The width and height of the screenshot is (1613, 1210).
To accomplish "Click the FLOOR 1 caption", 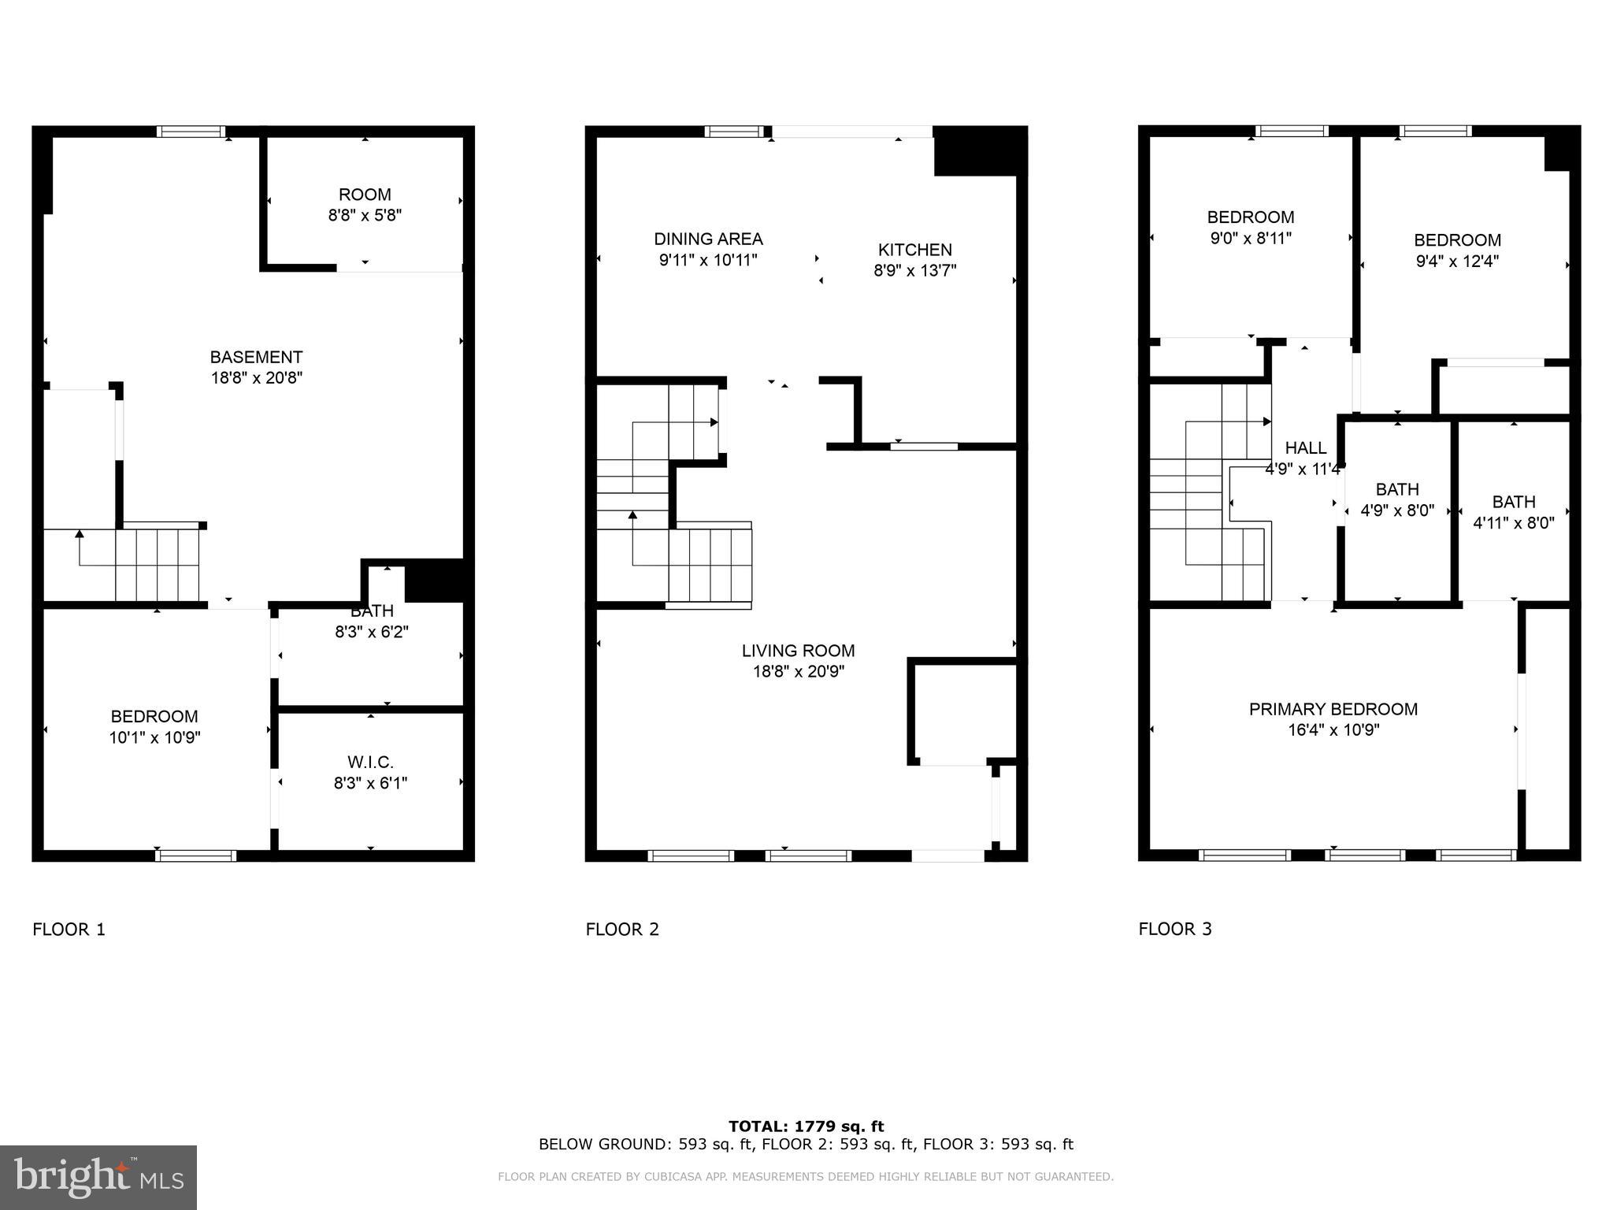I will click(x=69, y=930).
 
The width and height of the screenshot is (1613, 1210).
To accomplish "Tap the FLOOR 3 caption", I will click(x=1174, y=929).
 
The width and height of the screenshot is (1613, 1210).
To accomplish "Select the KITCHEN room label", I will click(x=914, y=250).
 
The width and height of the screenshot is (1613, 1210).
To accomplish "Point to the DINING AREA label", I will click(x=708, y=239).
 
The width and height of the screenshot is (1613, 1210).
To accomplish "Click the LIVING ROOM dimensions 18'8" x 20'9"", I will click(x=798, y=672).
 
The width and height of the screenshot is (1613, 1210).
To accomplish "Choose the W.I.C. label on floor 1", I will click(x=370, y=763).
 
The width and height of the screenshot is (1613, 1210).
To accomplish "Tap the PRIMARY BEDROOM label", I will click(x=1333, y=709).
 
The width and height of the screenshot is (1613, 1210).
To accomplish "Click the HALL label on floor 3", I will click(x=1305, y=448).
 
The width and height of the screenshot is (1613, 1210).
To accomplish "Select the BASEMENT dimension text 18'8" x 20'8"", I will click(x=256, y=378).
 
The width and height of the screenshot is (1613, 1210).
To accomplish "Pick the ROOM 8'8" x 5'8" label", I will click(x=365, y=205).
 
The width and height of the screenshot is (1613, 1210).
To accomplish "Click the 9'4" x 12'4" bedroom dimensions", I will click(x=1456, y=262).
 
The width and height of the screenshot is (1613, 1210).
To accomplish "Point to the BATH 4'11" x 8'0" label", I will click(x=1513, y=512).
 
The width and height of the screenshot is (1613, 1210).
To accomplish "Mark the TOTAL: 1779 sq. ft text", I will click(x=806, y=1126).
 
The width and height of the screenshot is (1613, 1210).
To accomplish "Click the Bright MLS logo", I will click(x=98, y=1177).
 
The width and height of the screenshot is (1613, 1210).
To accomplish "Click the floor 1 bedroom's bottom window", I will click(x=196, y=856).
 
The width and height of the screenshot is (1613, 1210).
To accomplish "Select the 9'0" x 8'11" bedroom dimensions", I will click(x=1250, y=238).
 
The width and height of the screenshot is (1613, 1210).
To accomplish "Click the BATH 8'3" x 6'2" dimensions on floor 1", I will click(x=371, y=632).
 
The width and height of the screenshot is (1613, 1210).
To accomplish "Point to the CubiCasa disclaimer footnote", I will click(x=805, y=1177).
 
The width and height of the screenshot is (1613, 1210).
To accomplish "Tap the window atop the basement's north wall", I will click(x=191, y=132).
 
